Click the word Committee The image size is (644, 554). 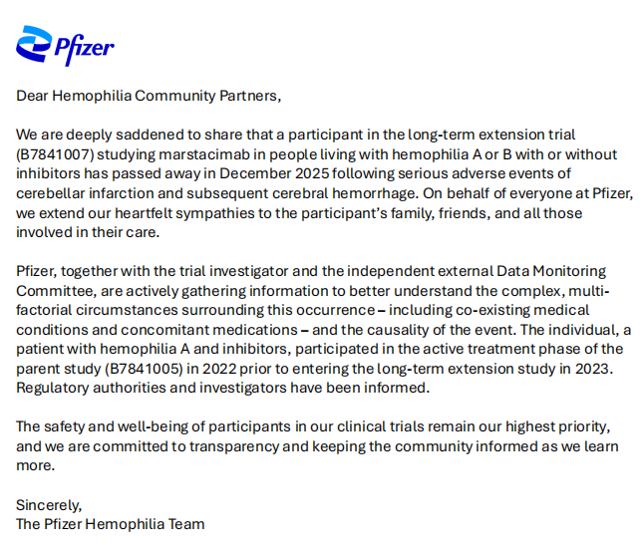point(53,289)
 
